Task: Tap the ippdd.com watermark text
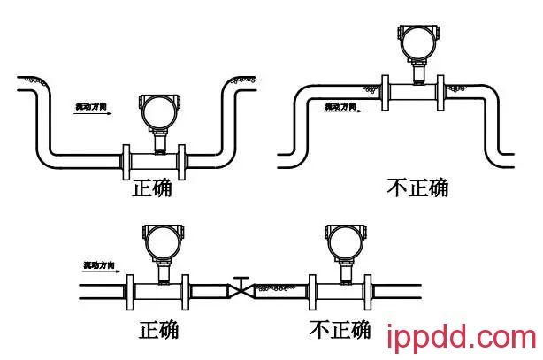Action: pyautogui.click(x=462, y=338)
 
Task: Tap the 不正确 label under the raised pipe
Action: pyautogui.click(x=418, y=188)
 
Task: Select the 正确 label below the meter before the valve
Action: pyautogui.click(x=159, y=329)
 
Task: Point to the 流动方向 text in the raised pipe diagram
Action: pyautogui.click(x=340, y=107)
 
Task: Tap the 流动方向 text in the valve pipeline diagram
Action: pyautogui.click(x=100, y=264)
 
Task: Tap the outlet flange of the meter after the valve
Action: pyautogui.click(x=365, y=289)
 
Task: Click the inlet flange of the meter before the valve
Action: pyautogui.click(x=134, y=289)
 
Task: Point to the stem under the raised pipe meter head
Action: pyautogui.click(x=412, y=70)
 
